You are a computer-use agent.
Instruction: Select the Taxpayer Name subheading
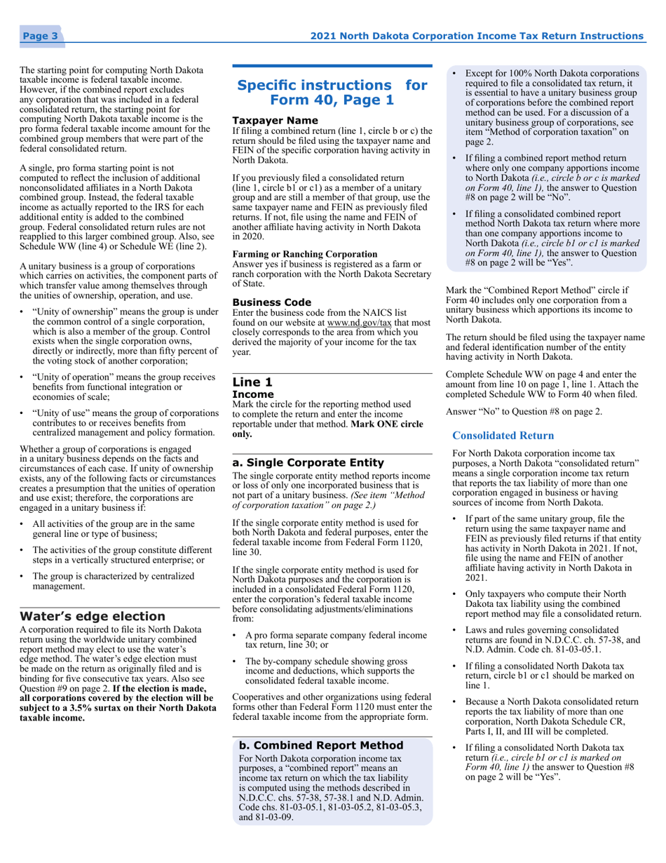coord(265,121)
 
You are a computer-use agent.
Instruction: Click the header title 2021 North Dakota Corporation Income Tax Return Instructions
coord(477,36)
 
